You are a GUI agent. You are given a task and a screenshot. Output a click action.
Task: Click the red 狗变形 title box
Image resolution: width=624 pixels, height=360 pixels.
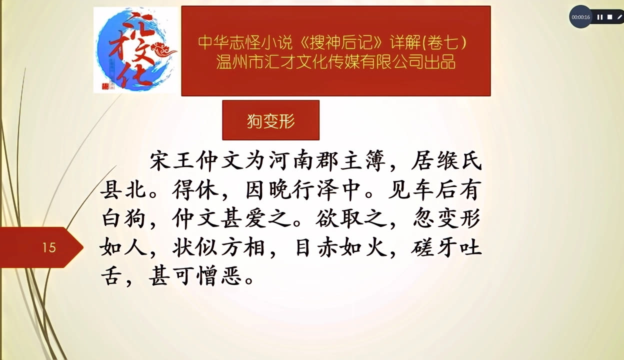[270, 120]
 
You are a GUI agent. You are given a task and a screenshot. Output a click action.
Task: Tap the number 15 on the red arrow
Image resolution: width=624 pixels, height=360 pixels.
[49, 247]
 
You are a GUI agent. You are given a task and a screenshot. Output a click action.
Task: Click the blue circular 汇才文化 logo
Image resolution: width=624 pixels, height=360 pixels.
[135, 50]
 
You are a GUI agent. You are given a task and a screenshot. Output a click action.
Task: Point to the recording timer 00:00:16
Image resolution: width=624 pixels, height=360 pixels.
[581, 17]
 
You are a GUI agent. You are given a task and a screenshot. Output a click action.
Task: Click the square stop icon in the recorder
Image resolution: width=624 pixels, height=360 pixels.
[610, 17]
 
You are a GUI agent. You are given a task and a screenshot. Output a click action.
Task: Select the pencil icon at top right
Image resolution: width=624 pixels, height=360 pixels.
[619, 17]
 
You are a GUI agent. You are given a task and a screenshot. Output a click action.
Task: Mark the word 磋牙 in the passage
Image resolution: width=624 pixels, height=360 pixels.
[434, 247]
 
